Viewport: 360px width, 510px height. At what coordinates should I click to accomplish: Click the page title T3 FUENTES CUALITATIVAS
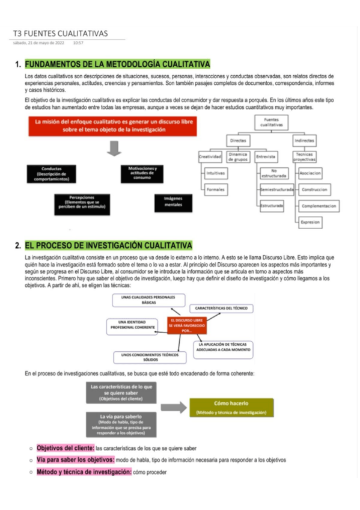[x=60, y=33]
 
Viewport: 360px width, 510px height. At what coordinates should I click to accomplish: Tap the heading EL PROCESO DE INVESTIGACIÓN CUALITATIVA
[x=109, y=245]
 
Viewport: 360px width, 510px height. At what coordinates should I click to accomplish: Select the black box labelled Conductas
[x=51, y=173]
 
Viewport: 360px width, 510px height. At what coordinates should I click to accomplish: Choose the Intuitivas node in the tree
[x=215, y=173]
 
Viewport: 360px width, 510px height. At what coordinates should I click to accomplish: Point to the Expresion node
[x=310, y=222]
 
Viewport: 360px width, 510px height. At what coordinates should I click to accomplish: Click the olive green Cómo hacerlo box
[x=231, y=407]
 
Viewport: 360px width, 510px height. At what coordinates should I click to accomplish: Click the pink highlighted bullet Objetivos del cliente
[x=65, y=448]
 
